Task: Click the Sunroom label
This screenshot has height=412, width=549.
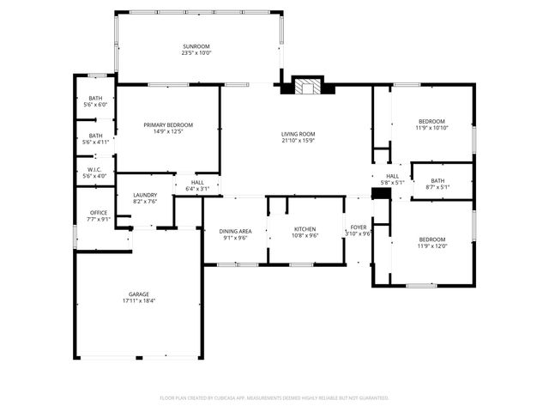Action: [196, 46]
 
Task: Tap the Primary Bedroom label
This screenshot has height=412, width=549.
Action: [167, 125]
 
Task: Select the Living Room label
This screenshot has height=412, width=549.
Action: [299, 134]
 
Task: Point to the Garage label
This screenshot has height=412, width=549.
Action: [139, 294]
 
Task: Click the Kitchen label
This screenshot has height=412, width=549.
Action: [305, 229]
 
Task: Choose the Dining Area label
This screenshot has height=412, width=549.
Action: [235, 230]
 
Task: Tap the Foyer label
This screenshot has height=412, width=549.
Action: [358, 227]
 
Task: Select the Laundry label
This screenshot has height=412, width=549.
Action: [145, 195]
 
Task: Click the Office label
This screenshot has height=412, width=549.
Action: [99, 212]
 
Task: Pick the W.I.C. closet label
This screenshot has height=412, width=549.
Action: [94, 169]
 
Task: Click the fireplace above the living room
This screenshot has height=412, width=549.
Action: [309, 86]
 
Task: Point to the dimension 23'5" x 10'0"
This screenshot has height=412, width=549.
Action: [196, 53]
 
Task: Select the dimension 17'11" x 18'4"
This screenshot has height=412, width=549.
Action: [139, 301]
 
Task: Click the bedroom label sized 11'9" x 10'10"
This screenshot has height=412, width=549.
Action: [431, 121]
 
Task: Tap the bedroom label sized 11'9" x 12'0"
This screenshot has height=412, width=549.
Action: [431, 239]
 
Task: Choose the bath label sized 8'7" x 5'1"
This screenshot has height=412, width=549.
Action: [437, 181]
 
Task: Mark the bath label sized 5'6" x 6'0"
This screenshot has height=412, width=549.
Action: [95, 99]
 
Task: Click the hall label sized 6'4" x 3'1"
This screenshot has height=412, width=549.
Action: [197, 182]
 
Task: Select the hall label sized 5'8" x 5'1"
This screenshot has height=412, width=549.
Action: [391, 176]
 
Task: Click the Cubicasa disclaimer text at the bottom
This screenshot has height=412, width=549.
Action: [274, 398]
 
